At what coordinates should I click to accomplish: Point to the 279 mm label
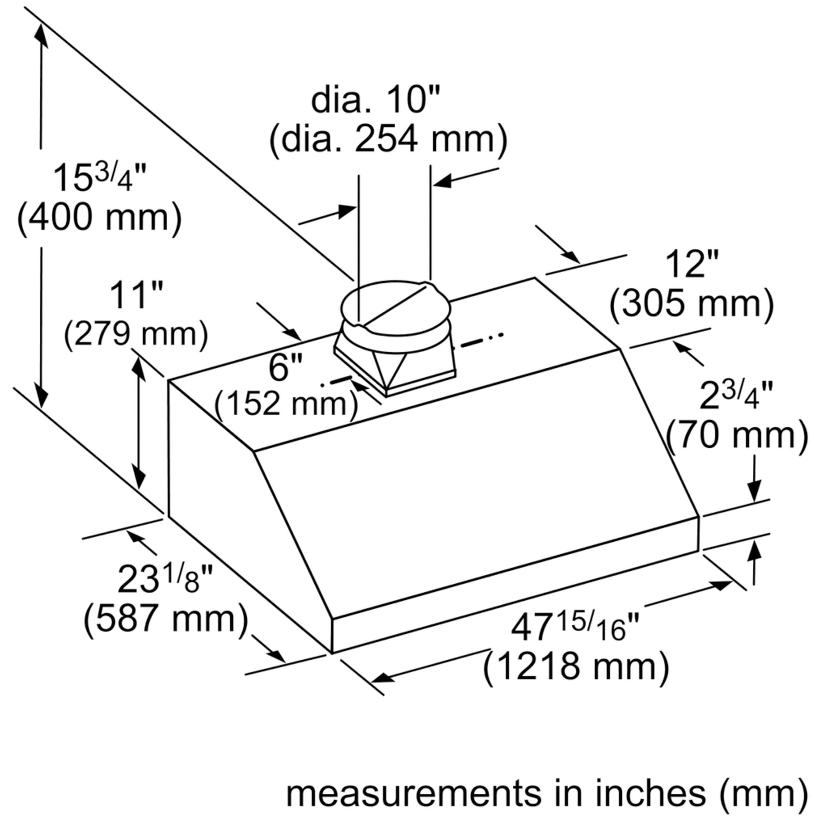[x=136, y=335]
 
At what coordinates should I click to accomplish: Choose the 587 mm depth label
[x=166, y=618]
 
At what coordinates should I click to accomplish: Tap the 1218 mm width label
[x=576, y=666]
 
